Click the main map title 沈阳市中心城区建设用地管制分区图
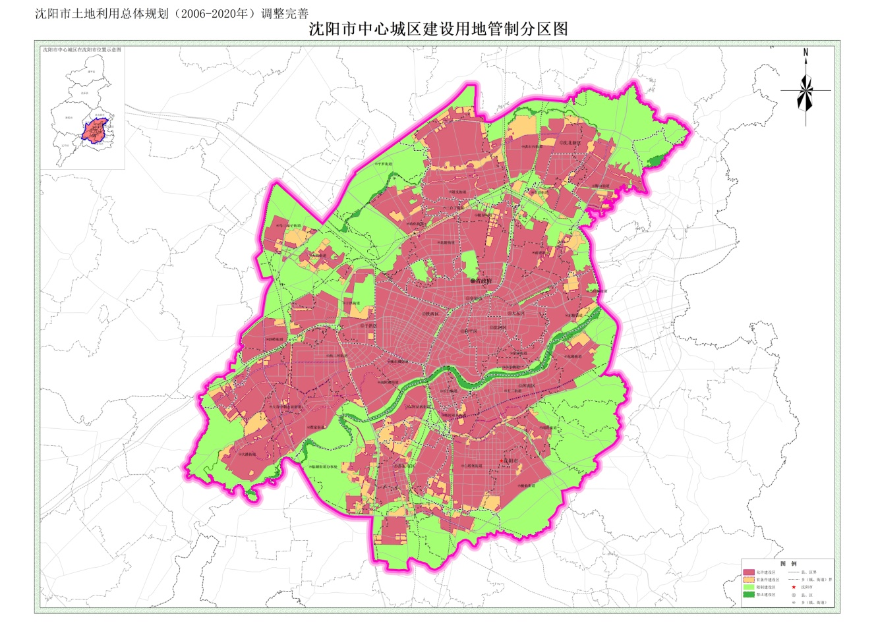(x=438, y=29)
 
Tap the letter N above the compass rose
(x=805, y=53)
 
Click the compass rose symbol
(x=805, y=91)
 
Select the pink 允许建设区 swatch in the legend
(x=748, y=572)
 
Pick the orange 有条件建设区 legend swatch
(x=748, y=580)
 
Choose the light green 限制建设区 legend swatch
(x=748, y=588)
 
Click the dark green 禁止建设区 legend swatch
(x=748, y=595)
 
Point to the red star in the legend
(x=794, y=587)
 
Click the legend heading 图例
(x=788, y=564)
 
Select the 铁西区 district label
(x=430, y=314)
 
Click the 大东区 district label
(x=515, y=314)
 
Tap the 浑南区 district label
(x=527, y=386)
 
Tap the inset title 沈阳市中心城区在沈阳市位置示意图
(x=82, y=50)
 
